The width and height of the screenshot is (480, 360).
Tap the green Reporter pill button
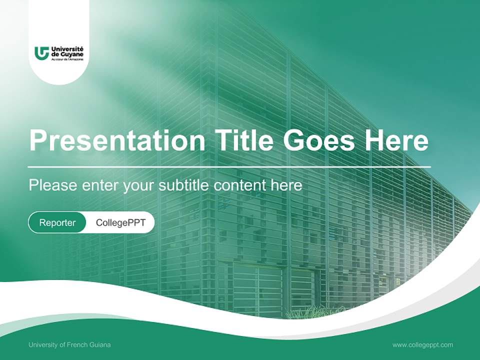click(57, 222)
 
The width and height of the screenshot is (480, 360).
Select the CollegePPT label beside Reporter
click(120, 222)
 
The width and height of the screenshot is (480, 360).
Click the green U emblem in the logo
click(41, 52)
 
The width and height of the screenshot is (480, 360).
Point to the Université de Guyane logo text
click(67, 51)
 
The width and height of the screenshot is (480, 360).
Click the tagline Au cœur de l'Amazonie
click(67, 59)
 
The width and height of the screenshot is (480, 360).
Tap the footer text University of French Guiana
click(69, 344)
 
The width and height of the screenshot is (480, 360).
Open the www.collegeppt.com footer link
click(422, 344)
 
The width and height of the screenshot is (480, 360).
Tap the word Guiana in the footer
click(100, 344)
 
